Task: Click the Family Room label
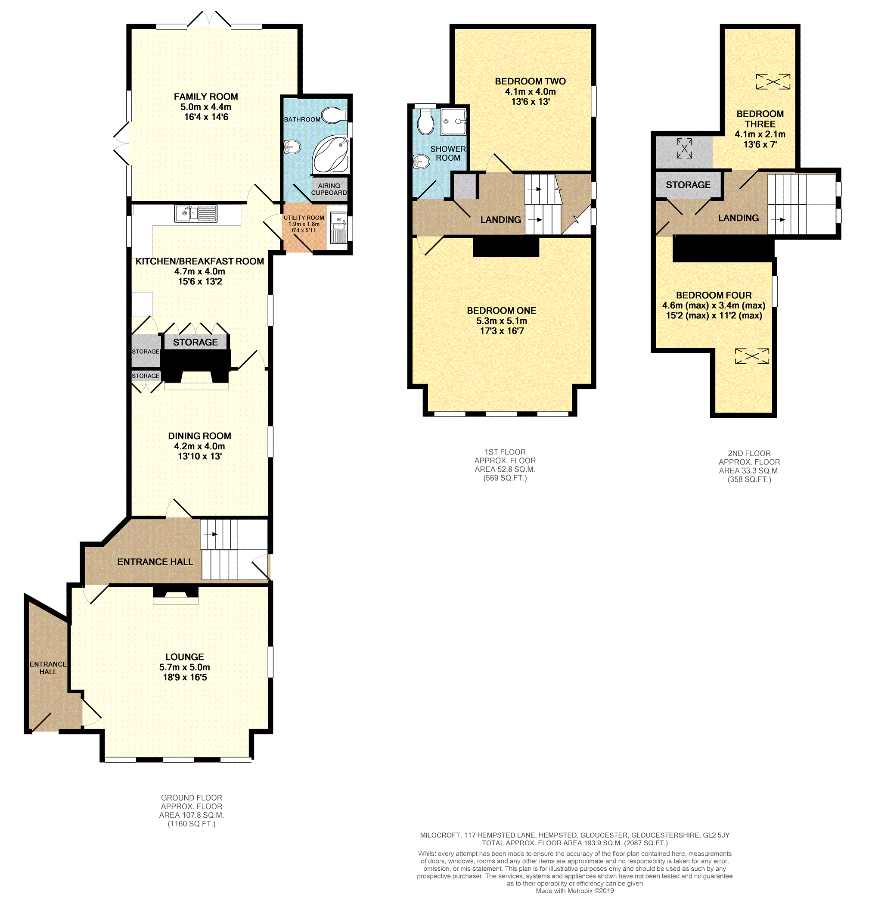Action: point(206,97)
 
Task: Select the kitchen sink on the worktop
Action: point(196,214)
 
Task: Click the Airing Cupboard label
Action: point(329,189)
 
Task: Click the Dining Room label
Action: point(199,436)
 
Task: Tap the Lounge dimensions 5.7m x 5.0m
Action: point(185,667)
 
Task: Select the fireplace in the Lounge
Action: point(176,594)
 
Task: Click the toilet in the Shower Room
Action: point(425,122)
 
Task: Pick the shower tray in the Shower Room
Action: point(453,121)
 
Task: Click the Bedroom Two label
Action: point(530,81)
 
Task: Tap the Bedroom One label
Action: point(502,311)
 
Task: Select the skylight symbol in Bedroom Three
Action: point(773,81)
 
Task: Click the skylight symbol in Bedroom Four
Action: point(751,356)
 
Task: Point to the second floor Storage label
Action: point(688,185)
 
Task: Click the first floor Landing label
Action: point(500,220)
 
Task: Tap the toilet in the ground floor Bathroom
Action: point(333,115)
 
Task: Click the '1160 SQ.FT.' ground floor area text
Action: point(192,824)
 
